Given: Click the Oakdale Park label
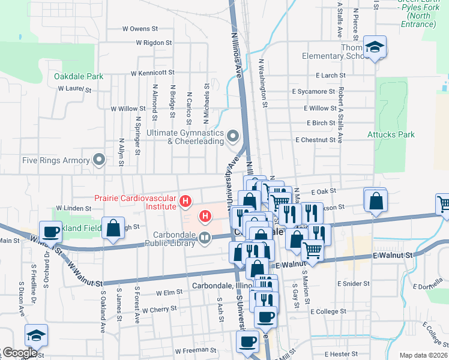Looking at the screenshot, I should point(79,76).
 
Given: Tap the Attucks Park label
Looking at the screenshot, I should point(391,135).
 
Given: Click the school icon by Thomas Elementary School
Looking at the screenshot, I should point(375,47).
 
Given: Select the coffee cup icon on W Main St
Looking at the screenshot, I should point(51,231).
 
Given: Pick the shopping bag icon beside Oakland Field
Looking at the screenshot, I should point(113,228).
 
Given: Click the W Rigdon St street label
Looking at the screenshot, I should point(154,43).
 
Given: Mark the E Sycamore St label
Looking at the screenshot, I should point(313,92).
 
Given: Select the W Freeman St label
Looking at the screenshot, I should point(195,350).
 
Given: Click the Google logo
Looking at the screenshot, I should point(20,353).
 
